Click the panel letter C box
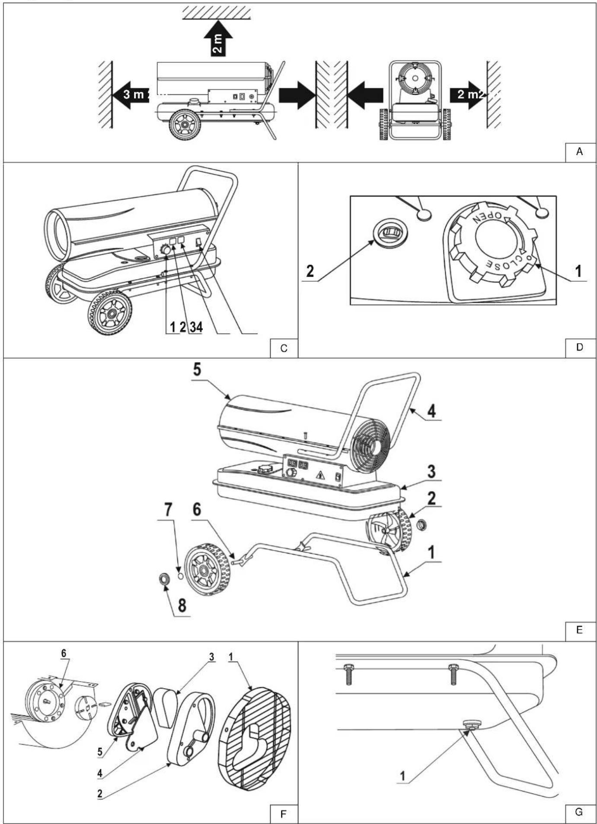pos(284,348)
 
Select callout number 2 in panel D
pos(310,271)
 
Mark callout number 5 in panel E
pos(197,371)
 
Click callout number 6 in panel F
pos(64,654)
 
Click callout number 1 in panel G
pos(402,776)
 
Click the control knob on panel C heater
pos(165,250)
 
